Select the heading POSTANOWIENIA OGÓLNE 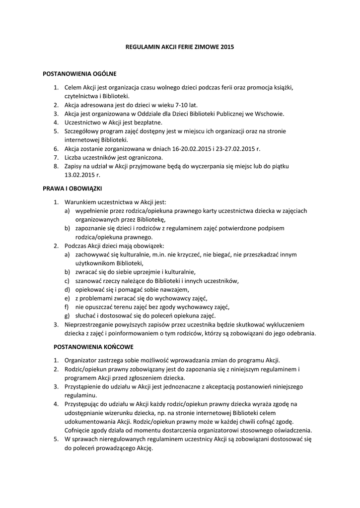click(80, 74)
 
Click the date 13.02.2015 click(80, 175)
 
